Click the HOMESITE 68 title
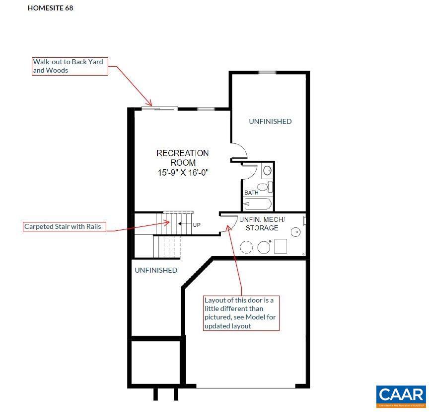tap(50, 8)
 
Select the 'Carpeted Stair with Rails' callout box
tap(65, 226)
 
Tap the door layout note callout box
tap(241, 313)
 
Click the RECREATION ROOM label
tap(183, 158)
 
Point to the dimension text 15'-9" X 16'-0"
tap(183, 173)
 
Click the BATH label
tap(250, 193)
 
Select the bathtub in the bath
tap(258, 204)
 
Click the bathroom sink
tap(267, 171)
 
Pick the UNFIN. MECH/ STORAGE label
tap(262, 223)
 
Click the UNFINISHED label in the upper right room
tap(270, 121)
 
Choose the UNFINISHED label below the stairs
tap(156, 270)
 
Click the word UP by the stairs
tap(197, 225)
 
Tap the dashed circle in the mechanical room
tap(247, 247)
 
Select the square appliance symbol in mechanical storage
tap(281, 246)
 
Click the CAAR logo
tap(401, 397)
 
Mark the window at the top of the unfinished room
tap(267, 73)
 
